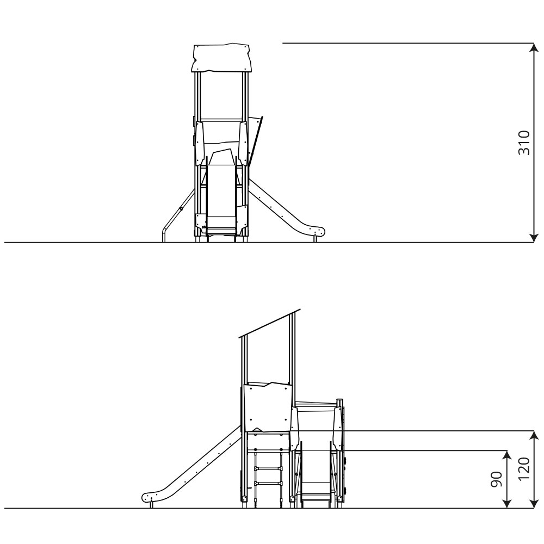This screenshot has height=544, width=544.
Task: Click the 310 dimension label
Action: (524, 143)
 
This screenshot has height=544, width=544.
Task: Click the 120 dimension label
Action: (524, 469)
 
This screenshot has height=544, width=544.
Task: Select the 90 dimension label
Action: (497, 479)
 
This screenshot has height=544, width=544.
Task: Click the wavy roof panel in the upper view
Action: (221, 58)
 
